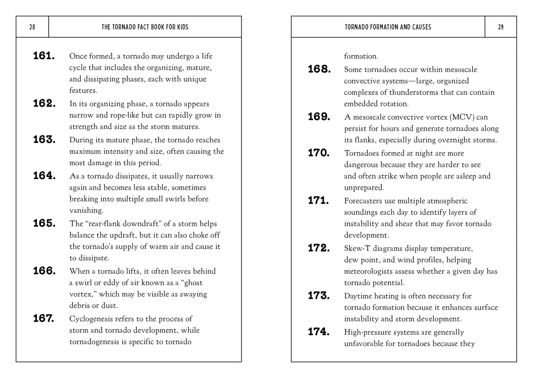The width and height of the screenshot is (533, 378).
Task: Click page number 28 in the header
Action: coord(32,27)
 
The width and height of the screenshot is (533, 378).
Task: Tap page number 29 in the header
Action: coord(501,27)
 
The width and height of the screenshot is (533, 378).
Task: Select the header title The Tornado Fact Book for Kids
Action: coord(145,27)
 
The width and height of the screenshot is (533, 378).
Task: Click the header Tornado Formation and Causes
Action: coord(388,27)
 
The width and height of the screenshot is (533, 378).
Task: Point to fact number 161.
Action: coord(44,56)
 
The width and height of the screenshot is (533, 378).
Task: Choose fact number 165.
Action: coord(44,224)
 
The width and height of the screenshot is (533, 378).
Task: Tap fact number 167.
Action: coord(44,319)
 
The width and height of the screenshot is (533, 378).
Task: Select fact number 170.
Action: coord(319,153)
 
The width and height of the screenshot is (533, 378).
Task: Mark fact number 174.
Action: coord(319,332)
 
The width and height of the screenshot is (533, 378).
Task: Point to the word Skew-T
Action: coord(357,248)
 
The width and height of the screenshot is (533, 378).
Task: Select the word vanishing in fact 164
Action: coord(87,210)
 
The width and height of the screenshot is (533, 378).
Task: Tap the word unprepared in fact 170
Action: coord(364,188)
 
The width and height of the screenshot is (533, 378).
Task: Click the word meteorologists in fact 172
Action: coord(369,271)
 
